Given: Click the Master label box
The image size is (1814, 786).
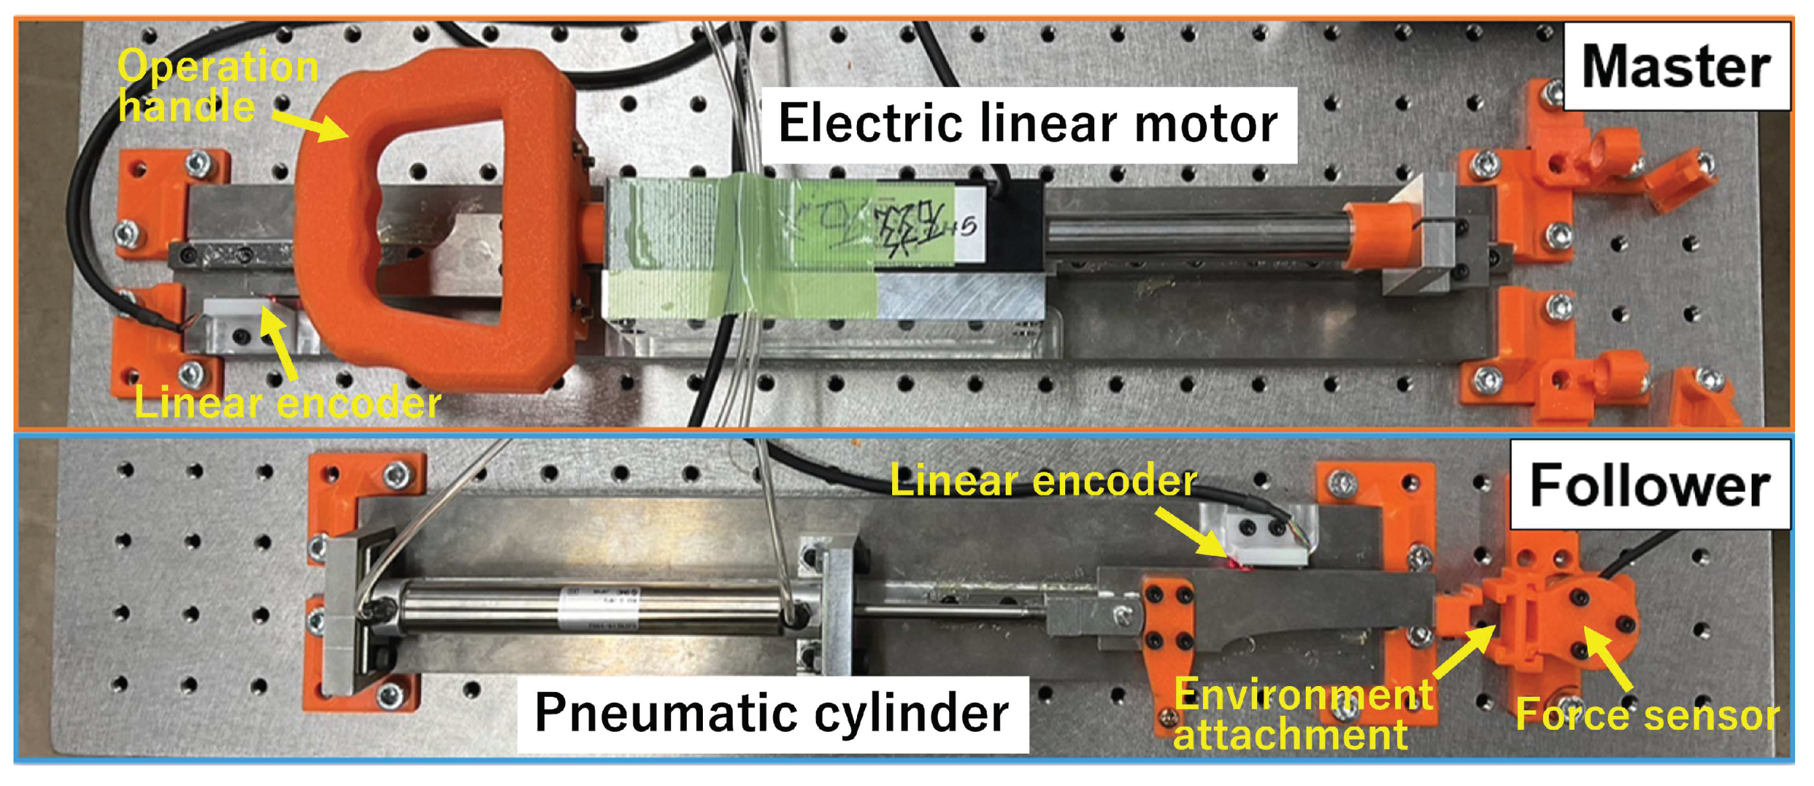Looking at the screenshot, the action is [x=1676, y=66].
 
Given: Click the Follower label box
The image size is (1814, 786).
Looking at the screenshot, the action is [x=1649, y=485].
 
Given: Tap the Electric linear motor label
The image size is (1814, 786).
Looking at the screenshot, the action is [x=1028, y=124].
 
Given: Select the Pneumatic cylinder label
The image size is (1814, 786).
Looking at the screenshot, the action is [x=772, y=713].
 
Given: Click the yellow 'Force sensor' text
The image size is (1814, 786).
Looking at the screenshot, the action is [x=1646, y=714].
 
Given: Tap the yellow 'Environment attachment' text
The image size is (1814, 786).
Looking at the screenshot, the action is [x=1303, y=714].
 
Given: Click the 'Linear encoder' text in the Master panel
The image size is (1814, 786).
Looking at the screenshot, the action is [x=287, y=403].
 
